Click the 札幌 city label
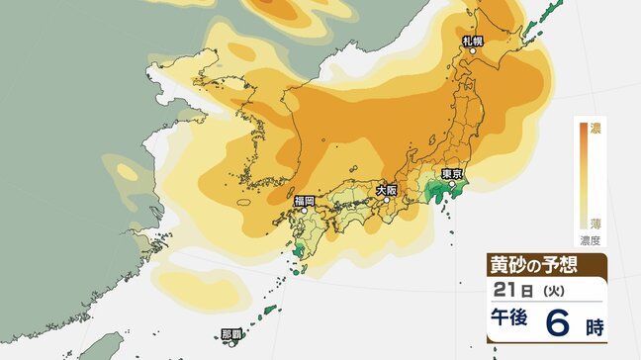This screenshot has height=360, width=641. click(x=473, y=42)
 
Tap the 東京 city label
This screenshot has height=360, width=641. click(x=454, y=173)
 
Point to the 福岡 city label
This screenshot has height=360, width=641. click(x=305, y=201)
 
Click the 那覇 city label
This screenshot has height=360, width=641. click(x=230, y=334)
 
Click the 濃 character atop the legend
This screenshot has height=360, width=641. click(x=595, y=127)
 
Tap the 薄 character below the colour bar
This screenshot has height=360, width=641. click(x=595, y=225)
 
